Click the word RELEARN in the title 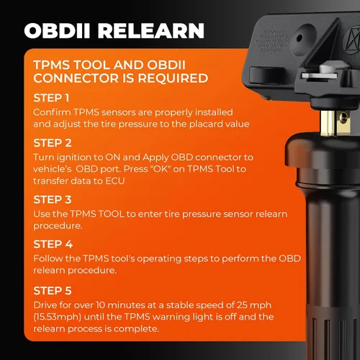click(x=151, y=31)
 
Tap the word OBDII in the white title click(x=57, y=31)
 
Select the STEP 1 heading click(x=51, y=98)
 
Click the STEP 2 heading click(x=53, y=143)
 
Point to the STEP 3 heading click(x=53, y=199)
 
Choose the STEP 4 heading click(x=53, y=244)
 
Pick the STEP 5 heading click(x=53, y=291)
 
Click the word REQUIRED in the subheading click(x=173, y=78)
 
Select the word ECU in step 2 click(x=115, y=181)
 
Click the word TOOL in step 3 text click(x=112, y=214)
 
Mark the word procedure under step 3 click(x=58, y=226)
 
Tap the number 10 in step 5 click(x=101, y=305)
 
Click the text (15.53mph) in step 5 click(x=57, y=317)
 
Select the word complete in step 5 click(x=136, y=329)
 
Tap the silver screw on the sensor click(x=326, y=70)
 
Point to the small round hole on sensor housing click(x=300, y=38)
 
